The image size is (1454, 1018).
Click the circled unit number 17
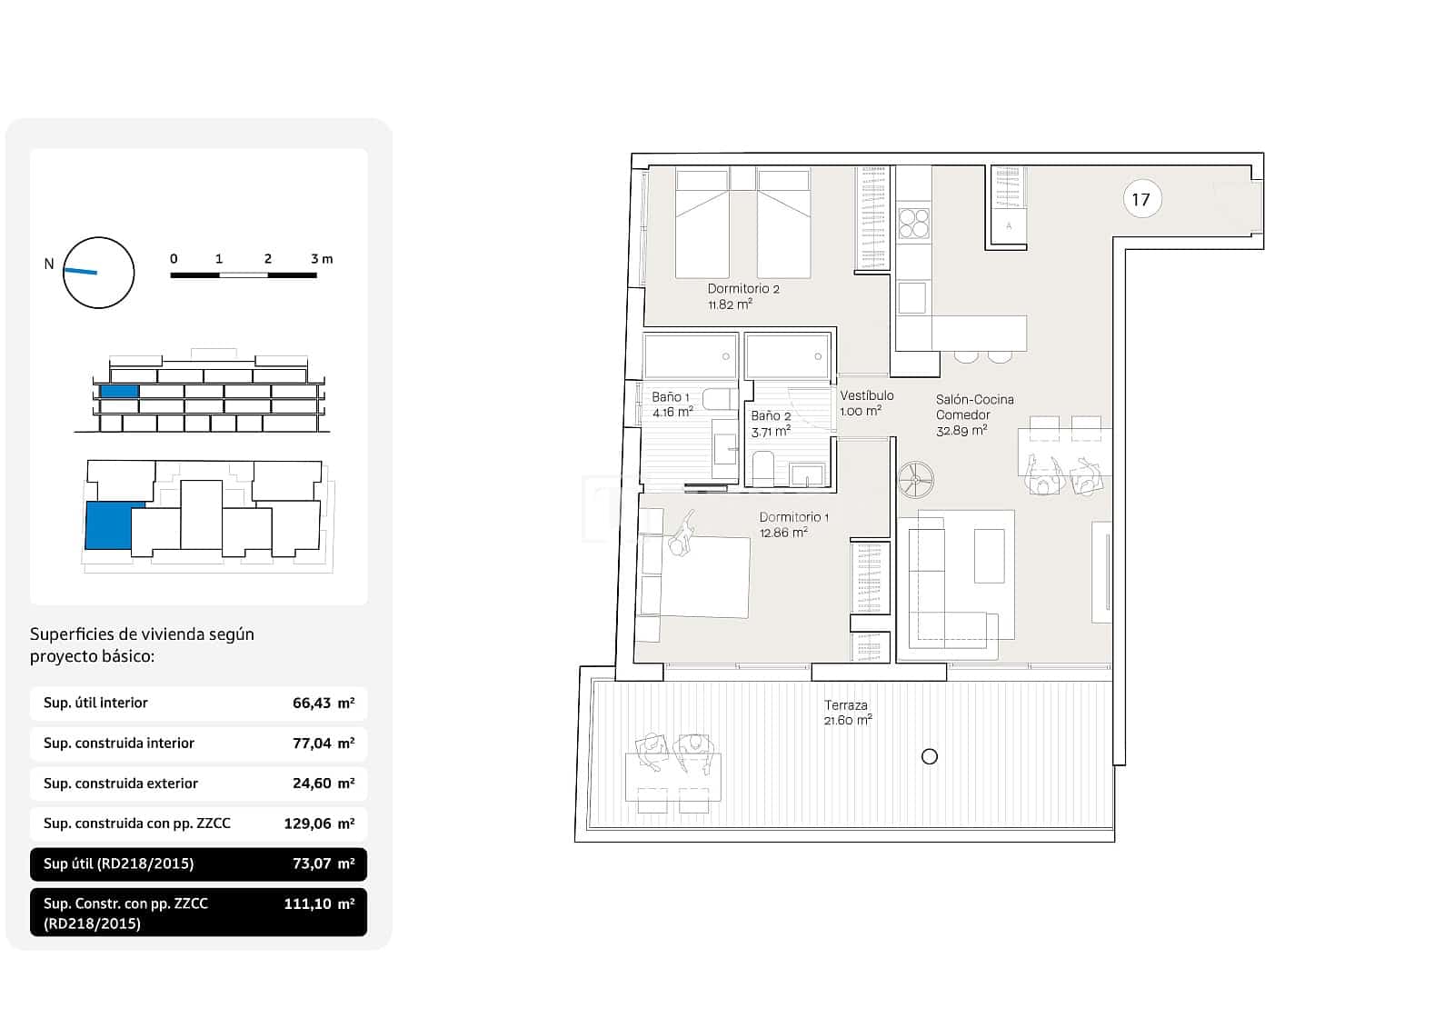click(x=1140, y=199)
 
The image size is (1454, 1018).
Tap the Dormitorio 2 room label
click(x=743, y=289)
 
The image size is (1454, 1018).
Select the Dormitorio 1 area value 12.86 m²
click(x=783, y=534)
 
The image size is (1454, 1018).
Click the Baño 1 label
click(x=671, y=397)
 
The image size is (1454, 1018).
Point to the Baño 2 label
click(x=771, y=416)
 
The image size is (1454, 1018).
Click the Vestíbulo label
click(x=866, y=395)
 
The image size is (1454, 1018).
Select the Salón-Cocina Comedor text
click(x=974, y=407)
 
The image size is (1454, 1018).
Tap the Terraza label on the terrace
click(x=845, y=705)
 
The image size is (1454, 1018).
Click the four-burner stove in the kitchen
click(x=913, y=223)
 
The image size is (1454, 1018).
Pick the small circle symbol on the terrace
click(x=929, y=756)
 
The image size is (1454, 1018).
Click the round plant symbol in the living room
click(x=915, y=479)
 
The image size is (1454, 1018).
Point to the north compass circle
click(x=99, y=273)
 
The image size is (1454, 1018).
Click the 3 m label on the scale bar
click(x=322, y=259)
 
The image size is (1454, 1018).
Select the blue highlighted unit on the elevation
click(x=119, y=391)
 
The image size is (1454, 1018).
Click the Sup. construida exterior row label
click(x=121, y=783)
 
